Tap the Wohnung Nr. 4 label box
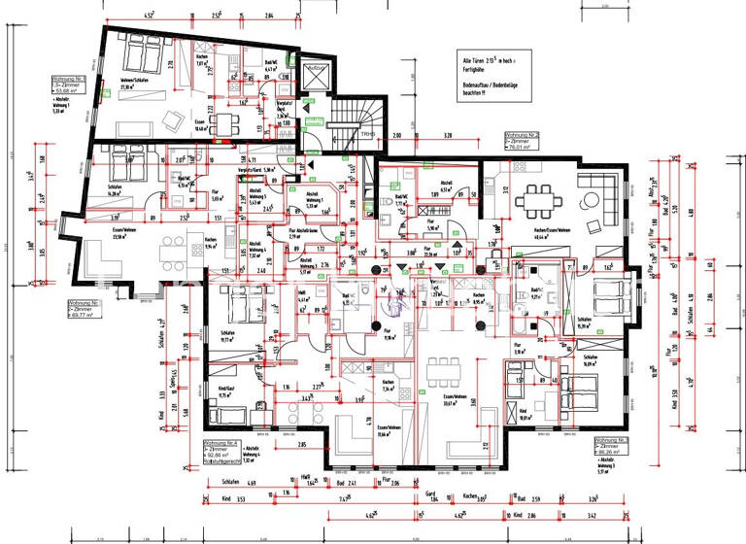221,450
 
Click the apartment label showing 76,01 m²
522,142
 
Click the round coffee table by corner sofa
590,201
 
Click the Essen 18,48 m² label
202,126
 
